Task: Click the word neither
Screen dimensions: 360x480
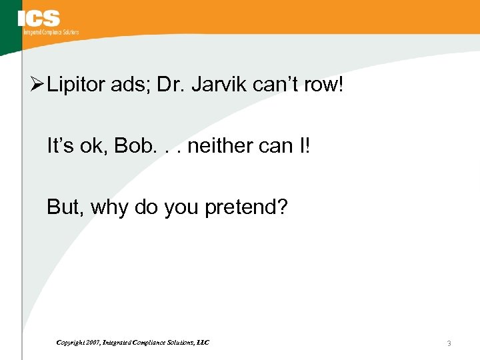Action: pos(221,145)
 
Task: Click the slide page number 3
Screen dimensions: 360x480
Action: pos(449,344)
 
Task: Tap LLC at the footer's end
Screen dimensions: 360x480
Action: pos(203,342)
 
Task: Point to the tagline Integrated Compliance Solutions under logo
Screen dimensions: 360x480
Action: pos(51,32)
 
